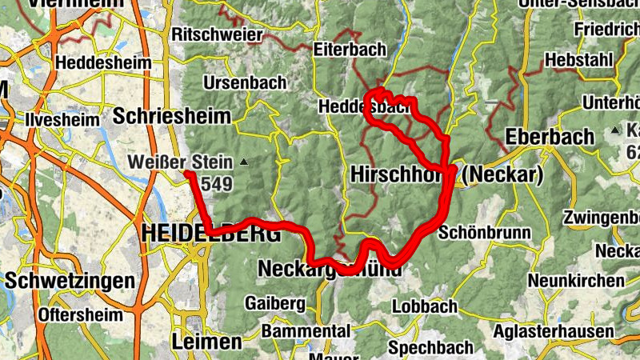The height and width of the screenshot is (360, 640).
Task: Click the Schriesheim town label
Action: coord(171,115)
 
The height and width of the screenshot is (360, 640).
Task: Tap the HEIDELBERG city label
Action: coord(210,234)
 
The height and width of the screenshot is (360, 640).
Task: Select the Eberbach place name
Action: coord(550,136)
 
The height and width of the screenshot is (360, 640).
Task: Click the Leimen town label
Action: coord(206,342)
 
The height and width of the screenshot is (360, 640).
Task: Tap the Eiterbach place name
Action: coord(350,49)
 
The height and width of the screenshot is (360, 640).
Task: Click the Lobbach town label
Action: coord(424,306)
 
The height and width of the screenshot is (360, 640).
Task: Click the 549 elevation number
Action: coord(216,185)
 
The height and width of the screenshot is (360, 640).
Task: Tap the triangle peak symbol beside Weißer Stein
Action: coord(245,163)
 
